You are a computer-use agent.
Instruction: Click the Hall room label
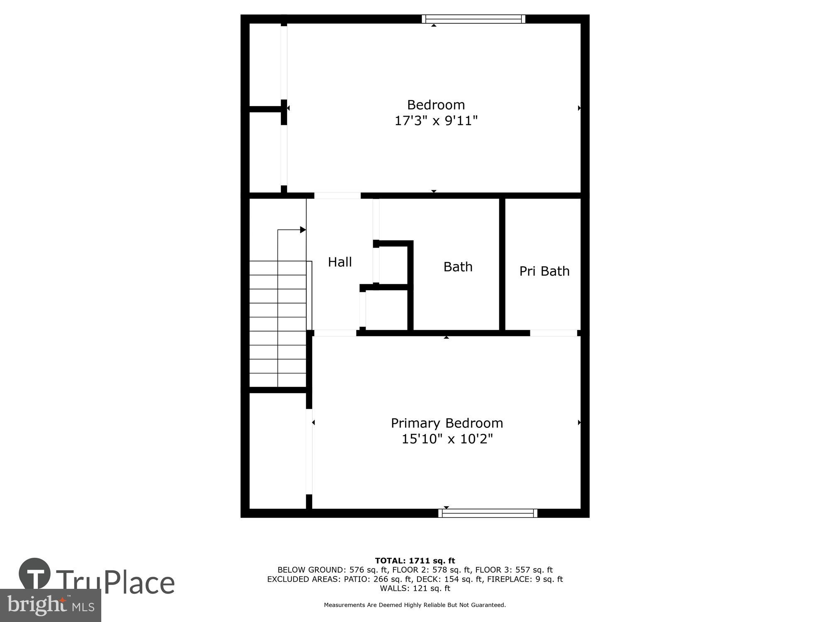click(340, 262)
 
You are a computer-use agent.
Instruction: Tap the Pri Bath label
click(544, 271)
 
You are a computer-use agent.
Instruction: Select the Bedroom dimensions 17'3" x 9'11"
click(436, 121)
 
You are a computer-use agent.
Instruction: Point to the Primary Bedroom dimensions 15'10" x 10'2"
click(447, 439)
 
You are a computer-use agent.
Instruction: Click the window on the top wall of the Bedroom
click(474, 19)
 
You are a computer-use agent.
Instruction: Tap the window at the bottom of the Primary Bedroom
click(488, 513)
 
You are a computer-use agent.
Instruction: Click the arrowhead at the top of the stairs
click(303, 230)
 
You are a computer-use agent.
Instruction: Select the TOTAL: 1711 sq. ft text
click(415, 561)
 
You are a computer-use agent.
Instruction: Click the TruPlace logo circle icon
click(35, 573)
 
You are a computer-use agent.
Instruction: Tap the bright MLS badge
click(50, 605)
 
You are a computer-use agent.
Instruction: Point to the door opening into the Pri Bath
click(554, 333)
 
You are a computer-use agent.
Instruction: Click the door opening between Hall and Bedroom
click(337, 196)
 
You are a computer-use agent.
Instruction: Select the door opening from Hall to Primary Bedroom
click(335, 333)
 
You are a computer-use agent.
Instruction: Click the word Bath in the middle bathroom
click(458, 267)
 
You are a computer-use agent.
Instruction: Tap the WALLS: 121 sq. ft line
click(415, 588)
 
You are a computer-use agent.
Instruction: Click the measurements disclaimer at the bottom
click(415, 605)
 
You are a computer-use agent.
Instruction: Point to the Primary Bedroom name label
click(447, 423)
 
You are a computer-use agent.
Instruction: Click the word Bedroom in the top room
click(436, 104)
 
